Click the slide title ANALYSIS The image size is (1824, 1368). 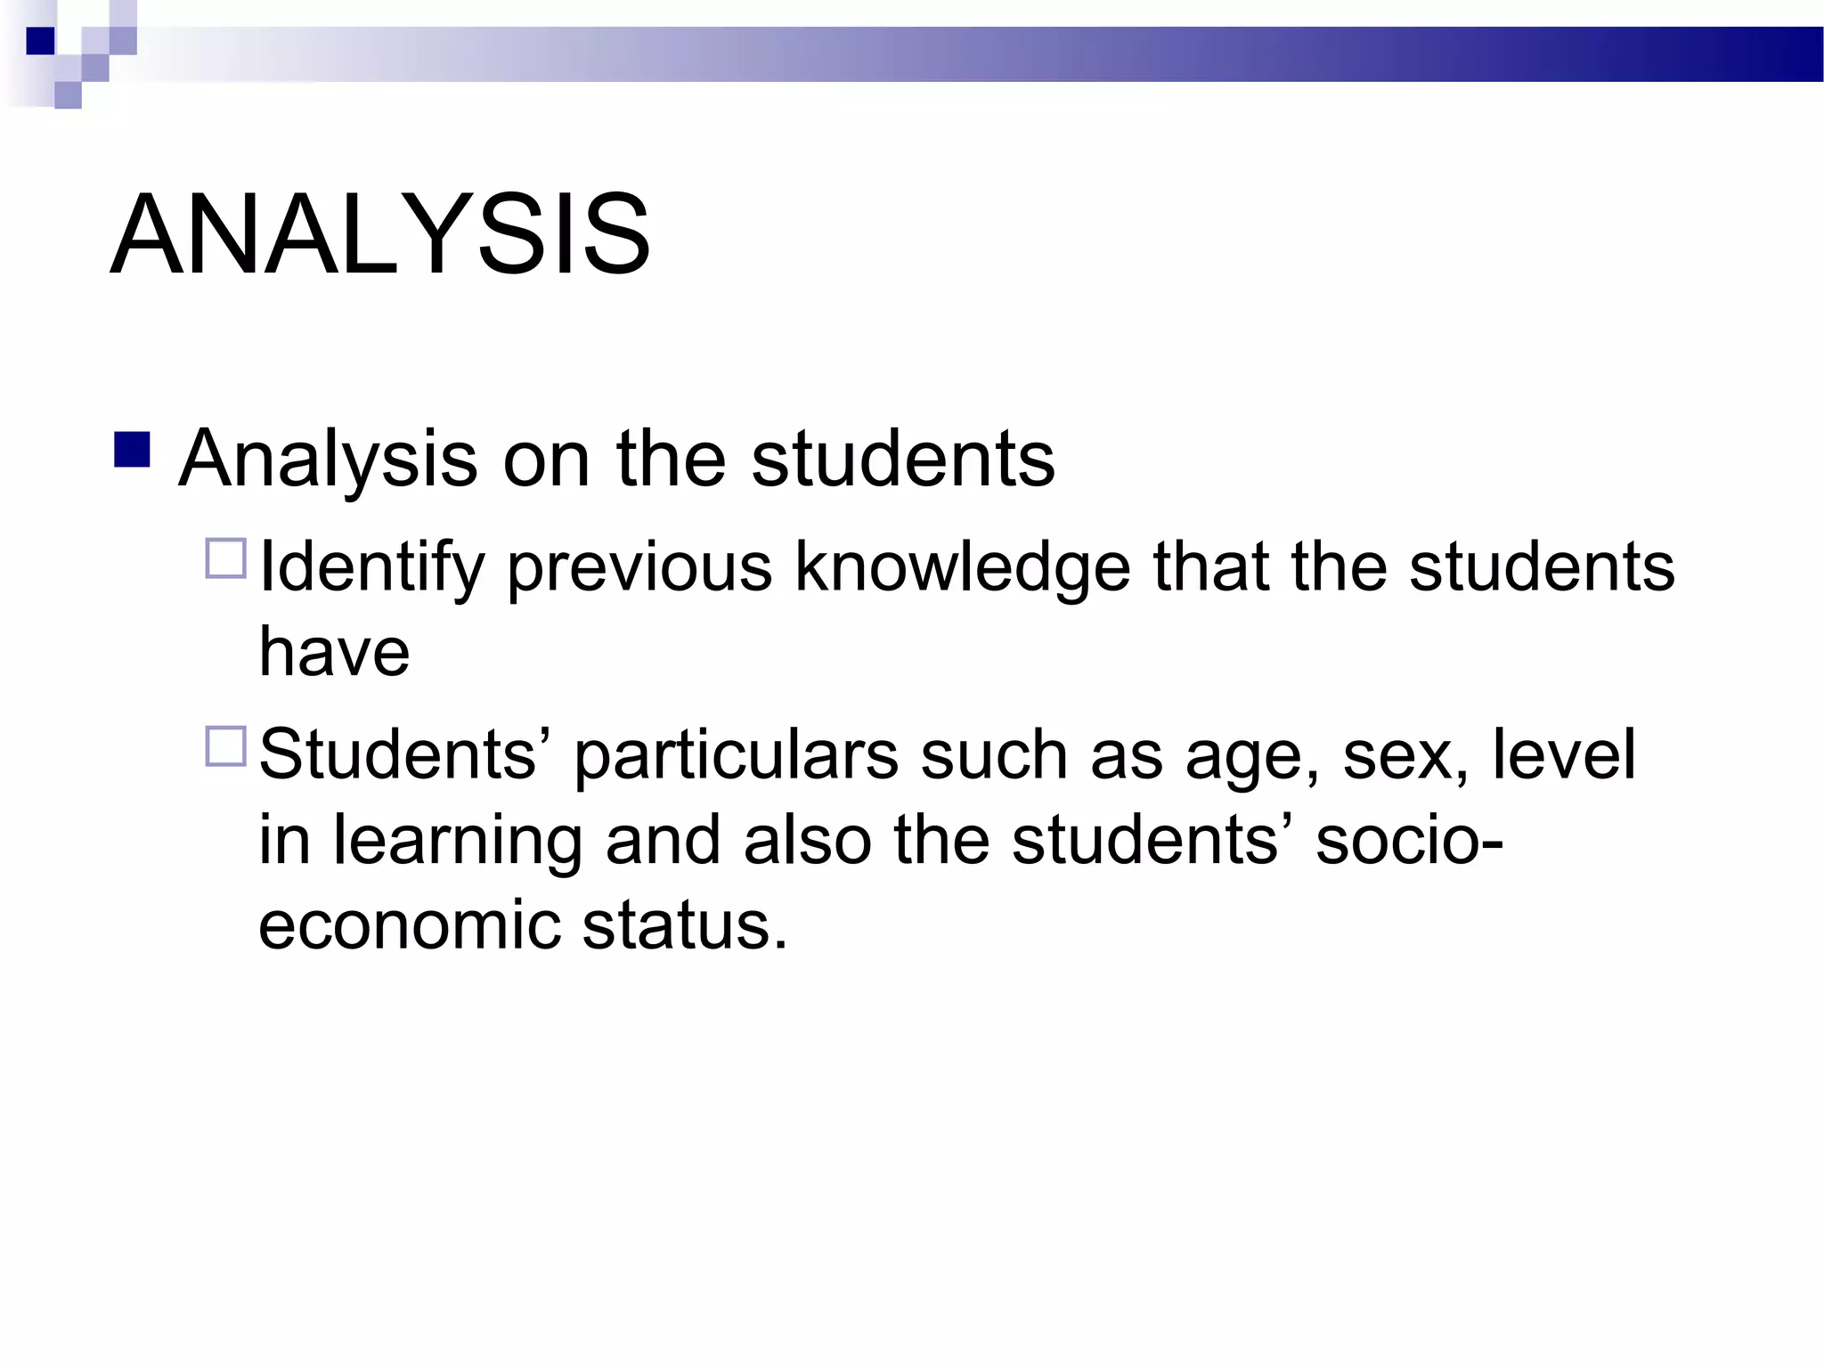[380, 235]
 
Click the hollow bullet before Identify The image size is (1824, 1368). [225, 559]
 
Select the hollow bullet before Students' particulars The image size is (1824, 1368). [225, 746]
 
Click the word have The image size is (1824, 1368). [334, 652]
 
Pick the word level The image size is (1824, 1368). [1563, 755]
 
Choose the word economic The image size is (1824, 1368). [410, 926]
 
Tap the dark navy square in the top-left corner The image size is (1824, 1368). [40, 41]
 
